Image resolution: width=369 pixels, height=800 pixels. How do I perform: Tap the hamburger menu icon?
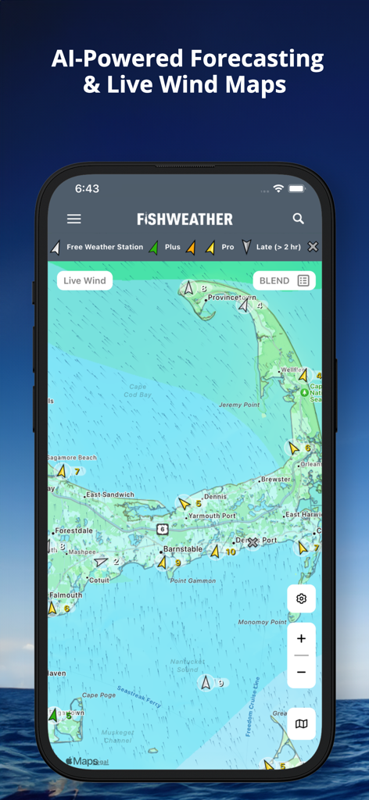pyautogui.click(x=73, y=220)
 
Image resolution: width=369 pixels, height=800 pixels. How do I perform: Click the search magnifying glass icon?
pyautogui.click(x=298, y=219)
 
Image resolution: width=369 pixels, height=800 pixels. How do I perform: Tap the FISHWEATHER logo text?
pyautogui.click(x=184, y=220)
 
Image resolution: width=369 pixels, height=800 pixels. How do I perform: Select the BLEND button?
pyautogui.click(x=284, y=280)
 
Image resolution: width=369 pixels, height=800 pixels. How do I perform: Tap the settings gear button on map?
pyautogui.click(x=301, y=599)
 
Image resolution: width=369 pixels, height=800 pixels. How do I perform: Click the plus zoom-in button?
pyautogui.click(x=301, y=638)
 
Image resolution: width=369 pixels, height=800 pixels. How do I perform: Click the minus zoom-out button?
pyautogui.click(x=301, y=672)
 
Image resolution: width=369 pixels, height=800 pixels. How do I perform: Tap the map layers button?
pyautogui.click(x=301, y=724)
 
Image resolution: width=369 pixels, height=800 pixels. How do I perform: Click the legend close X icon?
pyautogui.click(x=313, y=247)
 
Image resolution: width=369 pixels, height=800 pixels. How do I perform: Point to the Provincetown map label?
pyautogui.click(x=231, y=298)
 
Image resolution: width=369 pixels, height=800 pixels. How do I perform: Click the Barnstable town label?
pyautogui.click(x=182, y=549)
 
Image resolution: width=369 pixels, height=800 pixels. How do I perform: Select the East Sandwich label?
pyautogui.click(x=110, y=495)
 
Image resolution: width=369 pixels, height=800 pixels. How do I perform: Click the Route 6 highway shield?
pyautogui.click(x=162, y=529)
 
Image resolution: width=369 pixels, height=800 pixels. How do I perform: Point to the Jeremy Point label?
pyautogui.click(x=239, y=405)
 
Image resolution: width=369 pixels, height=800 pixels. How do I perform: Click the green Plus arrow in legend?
pyautogui.click(x=154, y=247)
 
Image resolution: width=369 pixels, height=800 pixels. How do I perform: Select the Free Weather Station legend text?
pyautogui.click(x=105, y=247)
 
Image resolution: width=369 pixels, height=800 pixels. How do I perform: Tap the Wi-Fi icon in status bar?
pyautogui.click(x=278, y=189)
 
